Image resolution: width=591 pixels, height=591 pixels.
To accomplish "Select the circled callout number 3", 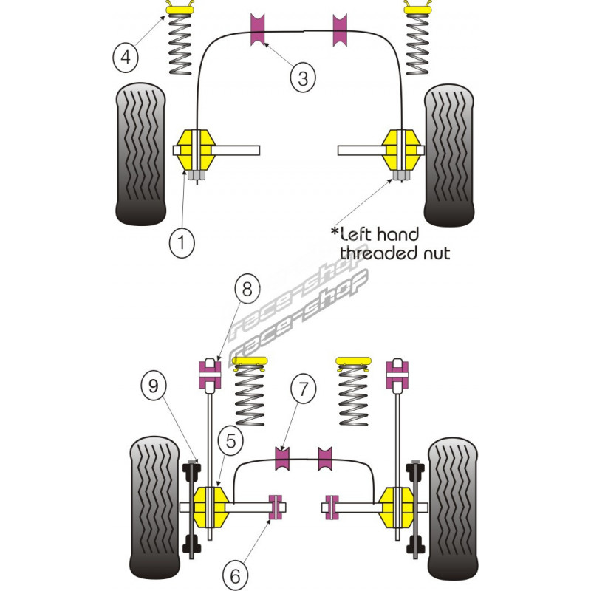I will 302,76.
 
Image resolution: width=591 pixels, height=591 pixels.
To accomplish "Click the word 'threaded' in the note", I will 372,253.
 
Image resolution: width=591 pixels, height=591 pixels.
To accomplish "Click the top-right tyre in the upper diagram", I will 448,155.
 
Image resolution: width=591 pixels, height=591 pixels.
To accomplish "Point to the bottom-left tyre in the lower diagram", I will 156,510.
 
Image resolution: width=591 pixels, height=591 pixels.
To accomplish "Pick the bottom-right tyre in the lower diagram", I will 456,510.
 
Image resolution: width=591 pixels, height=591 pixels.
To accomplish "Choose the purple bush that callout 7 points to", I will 282,458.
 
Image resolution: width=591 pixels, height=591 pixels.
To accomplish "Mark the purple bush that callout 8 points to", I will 211,375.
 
